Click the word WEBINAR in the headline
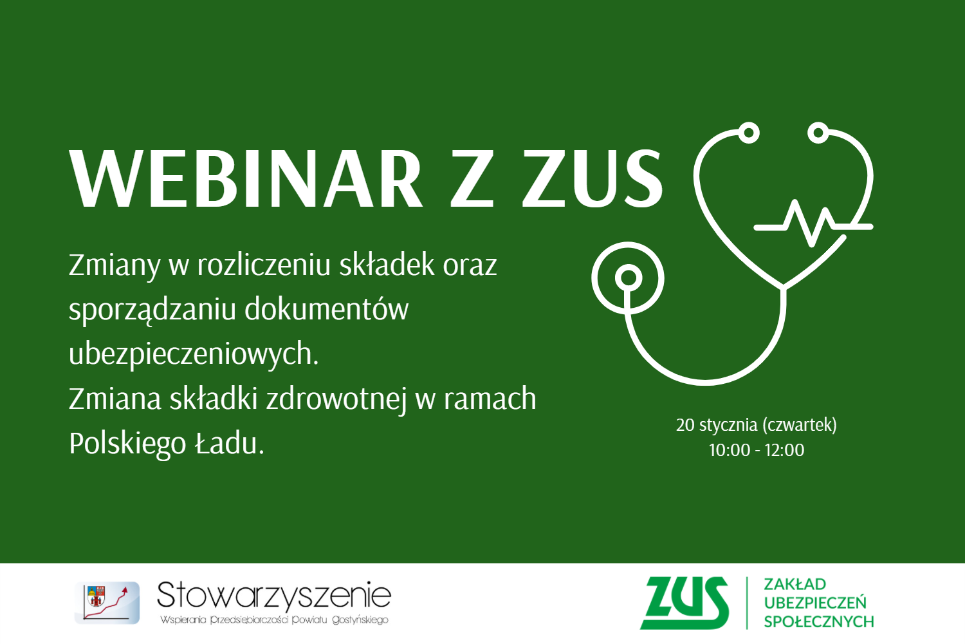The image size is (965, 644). click(x=246, y=179)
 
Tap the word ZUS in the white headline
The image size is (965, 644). click(x=593, y=179)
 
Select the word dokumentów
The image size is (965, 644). click(x=327, y=309)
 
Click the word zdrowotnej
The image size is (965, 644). click(x=336, y=399)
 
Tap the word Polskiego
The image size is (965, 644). click(x=127, y=444)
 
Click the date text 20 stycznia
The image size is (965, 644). click(x=717, y=426)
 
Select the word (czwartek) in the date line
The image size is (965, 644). click(x=800, y=425)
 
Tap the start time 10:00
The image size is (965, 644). click(x=730, y=450)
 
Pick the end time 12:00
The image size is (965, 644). click(x=784, y=450)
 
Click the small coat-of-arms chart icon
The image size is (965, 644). click(x=107, y=603)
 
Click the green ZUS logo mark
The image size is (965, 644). click(x=684, y=603)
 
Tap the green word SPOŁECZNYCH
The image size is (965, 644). click(x=819, y=621)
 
